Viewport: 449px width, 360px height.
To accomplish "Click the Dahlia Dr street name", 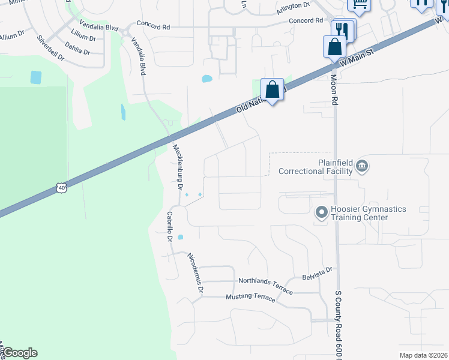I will pyautogui.click(x=77, y=49).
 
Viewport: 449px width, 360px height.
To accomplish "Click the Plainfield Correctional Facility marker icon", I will pyautogui.click(x=361, y=165).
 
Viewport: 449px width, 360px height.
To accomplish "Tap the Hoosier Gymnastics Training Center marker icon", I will pyautogui.click(x=321, y=212).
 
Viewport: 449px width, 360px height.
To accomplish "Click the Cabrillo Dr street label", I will pyautogui.click(x=170, y=226).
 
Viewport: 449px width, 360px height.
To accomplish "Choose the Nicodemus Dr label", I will pyautogui.click(x=196, y=273).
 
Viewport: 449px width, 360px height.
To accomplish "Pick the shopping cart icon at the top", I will pyautogui.click(x=360, y=5).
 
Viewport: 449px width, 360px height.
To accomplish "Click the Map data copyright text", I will pyautogui.click(x=424, y=355).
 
